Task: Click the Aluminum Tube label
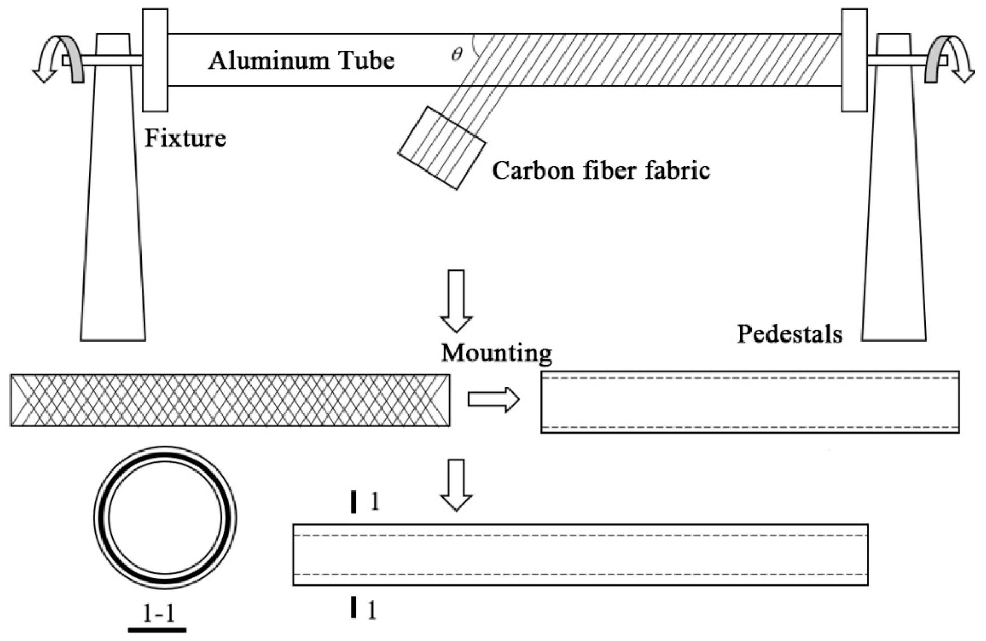(x=301, y=61)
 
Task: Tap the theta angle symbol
(x=457, y=54)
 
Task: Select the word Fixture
(x=185, y=138)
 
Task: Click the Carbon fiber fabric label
(x=601, y=170)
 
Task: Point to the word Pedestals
(x=789, y=334)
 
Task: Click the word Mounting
(x=496, y=353)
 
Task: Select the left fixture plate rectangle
(x=155, y=60)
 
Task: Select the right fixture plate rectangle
(x=854, y=60)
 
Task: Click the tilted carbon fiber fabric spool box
(x=442, y=148)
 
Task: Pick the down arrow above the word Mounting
(x=456, y=300)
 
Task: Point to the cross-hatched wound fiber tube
(x=230, y=400)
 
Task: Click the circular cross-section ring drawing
(x=165, y=518)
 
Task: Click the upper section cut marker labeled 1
(x=354, y=502)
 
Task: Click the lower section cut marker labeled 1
(x=354, y=607)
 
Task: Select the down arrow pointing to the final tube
(x=456, y=485)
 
